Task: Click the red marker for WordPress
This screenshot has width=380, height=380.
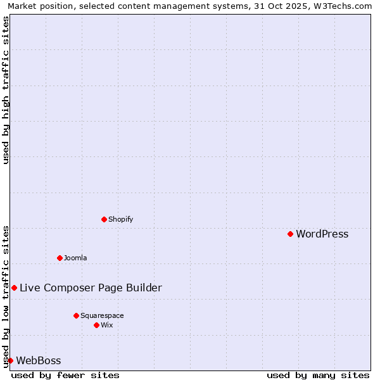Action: click(290, 234)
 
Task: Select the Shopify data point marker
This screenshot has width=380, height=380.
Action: click(104, 219)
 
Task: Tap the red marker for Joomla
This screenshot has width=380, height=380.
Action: click(60, 258)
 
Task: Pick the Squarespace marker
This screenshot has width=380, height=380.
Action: click(76, 315)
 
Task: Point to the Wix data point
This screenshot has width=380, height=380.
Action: click(96, 325)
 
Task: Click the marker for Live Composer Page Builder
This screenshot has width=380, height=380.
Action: click(14, 288)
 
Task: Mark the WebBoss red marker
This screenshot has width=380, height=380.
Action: click(10, 360)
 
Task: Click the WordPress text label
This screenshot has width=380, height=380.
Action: click(322, 234)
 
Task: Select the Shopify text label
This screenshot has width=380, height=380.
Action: click(120, 219)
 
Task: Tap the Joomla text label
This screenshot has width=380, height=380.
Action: click(75, 258)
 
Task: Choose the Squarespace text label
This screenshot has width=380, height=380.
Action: click(102, 315)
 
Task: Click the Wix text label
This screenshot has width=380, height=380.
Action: click(107, 325)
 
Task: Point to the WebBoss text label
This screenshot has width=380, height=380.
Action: click(39, 361)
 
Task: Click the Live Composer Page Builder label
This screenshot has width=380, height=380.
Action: click(91, 288)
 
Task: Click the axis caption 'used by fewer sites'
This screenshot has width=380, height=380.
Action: click(65, 375)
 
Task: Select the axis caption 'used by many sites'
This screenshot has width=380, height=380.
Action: click(318, 375)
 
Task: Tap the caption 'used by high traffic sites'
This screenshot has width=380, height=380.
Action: click(6, 90)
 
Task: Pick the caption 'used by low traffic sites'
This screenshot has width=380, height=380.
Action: click(6, 296)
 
